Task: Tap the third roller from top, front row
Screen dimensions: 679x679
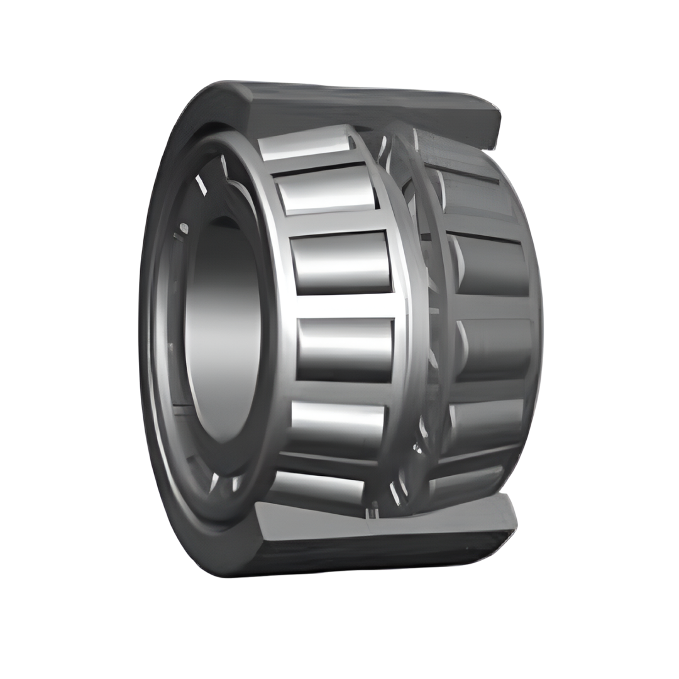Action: (x=341, y=262)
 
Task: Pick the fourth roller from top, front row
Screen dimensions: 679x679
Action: (x=345, y=349)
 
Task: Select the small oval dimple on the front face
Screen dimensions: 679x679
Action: (x=184, y=228)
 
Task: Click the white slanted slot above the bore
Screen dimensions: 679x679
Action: (x=201, y=184)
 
